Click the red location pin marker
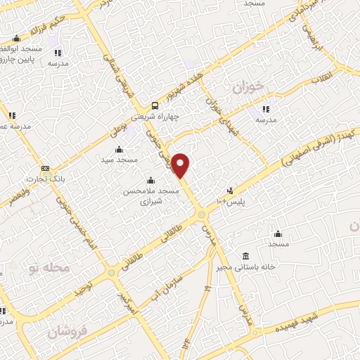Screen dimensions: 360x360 [x=181, y=165]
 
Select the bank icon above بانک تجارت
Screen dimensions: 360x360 [x=46, y=169]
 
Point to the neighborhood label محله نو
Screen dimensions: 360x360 [x=48, y=268]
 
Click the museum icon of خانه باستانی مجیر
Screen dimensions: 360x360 [x=245, y=255]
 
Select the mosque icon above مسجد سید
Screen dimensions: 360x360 [x=118, y=149]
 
